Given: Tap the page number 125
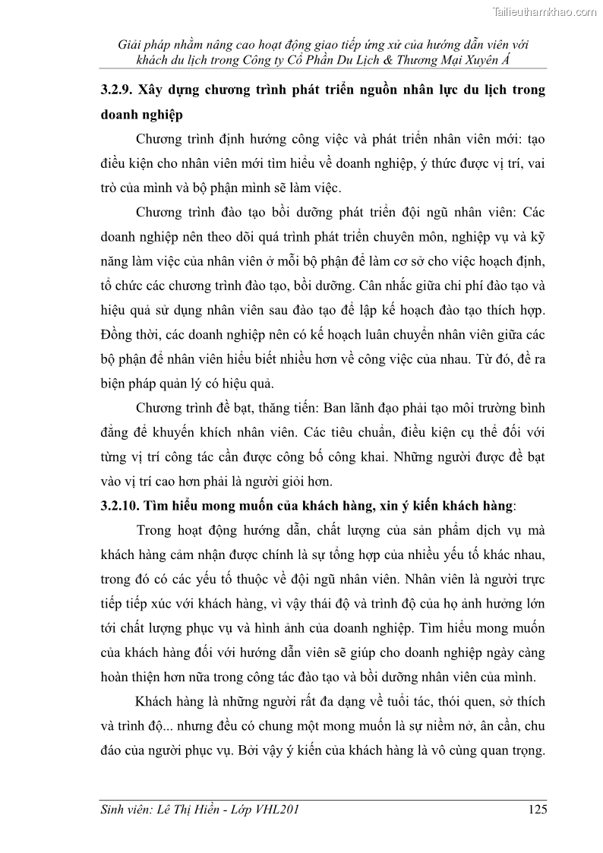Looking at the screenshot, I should [x=537, y=810].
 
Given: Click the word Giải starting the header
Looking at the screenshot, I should [x=132, y=44].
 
